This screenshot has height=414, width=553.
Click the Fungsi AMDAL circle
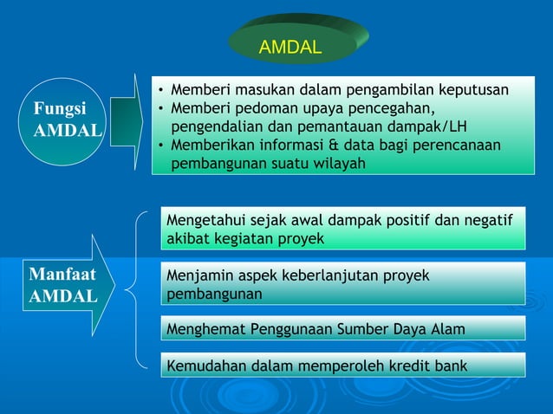pyautogui.click(x=66, y=122)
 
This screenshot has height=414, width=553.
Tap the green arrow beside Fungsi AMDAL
pyautogui.click(x=127, y=122)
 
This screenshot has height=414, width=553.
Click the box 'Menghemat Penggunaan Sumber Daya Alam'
pyautogui.click(x=343, y=329)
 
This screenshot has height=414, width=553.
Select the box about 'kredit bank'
pyautogui.click(x=343, y=365)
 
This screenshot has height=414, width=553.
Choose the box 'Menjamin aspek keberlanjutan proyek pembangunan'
pyautogui.click(x=343, y=284)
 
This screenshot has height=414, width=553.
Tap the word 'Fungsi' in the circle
pyautogui.click(x=59, y=111)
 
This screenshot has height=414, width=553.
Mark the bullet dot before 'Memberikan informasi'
pyautogui.click(x=161, y=146)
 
